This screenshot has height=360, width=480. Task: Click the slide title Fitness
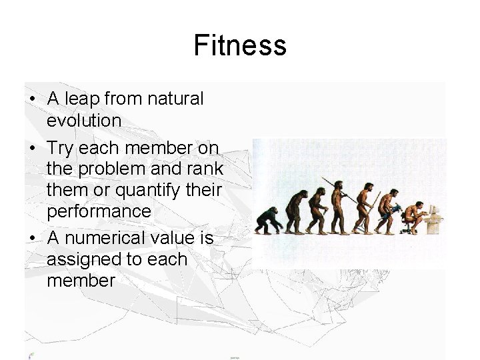point(240,45)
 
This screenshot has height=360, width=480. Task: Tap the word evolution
point(84,121)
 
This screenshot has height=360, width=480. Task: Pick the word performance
point(99,212)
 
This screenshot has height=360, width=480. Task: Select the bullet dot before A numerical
point(32,238)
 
